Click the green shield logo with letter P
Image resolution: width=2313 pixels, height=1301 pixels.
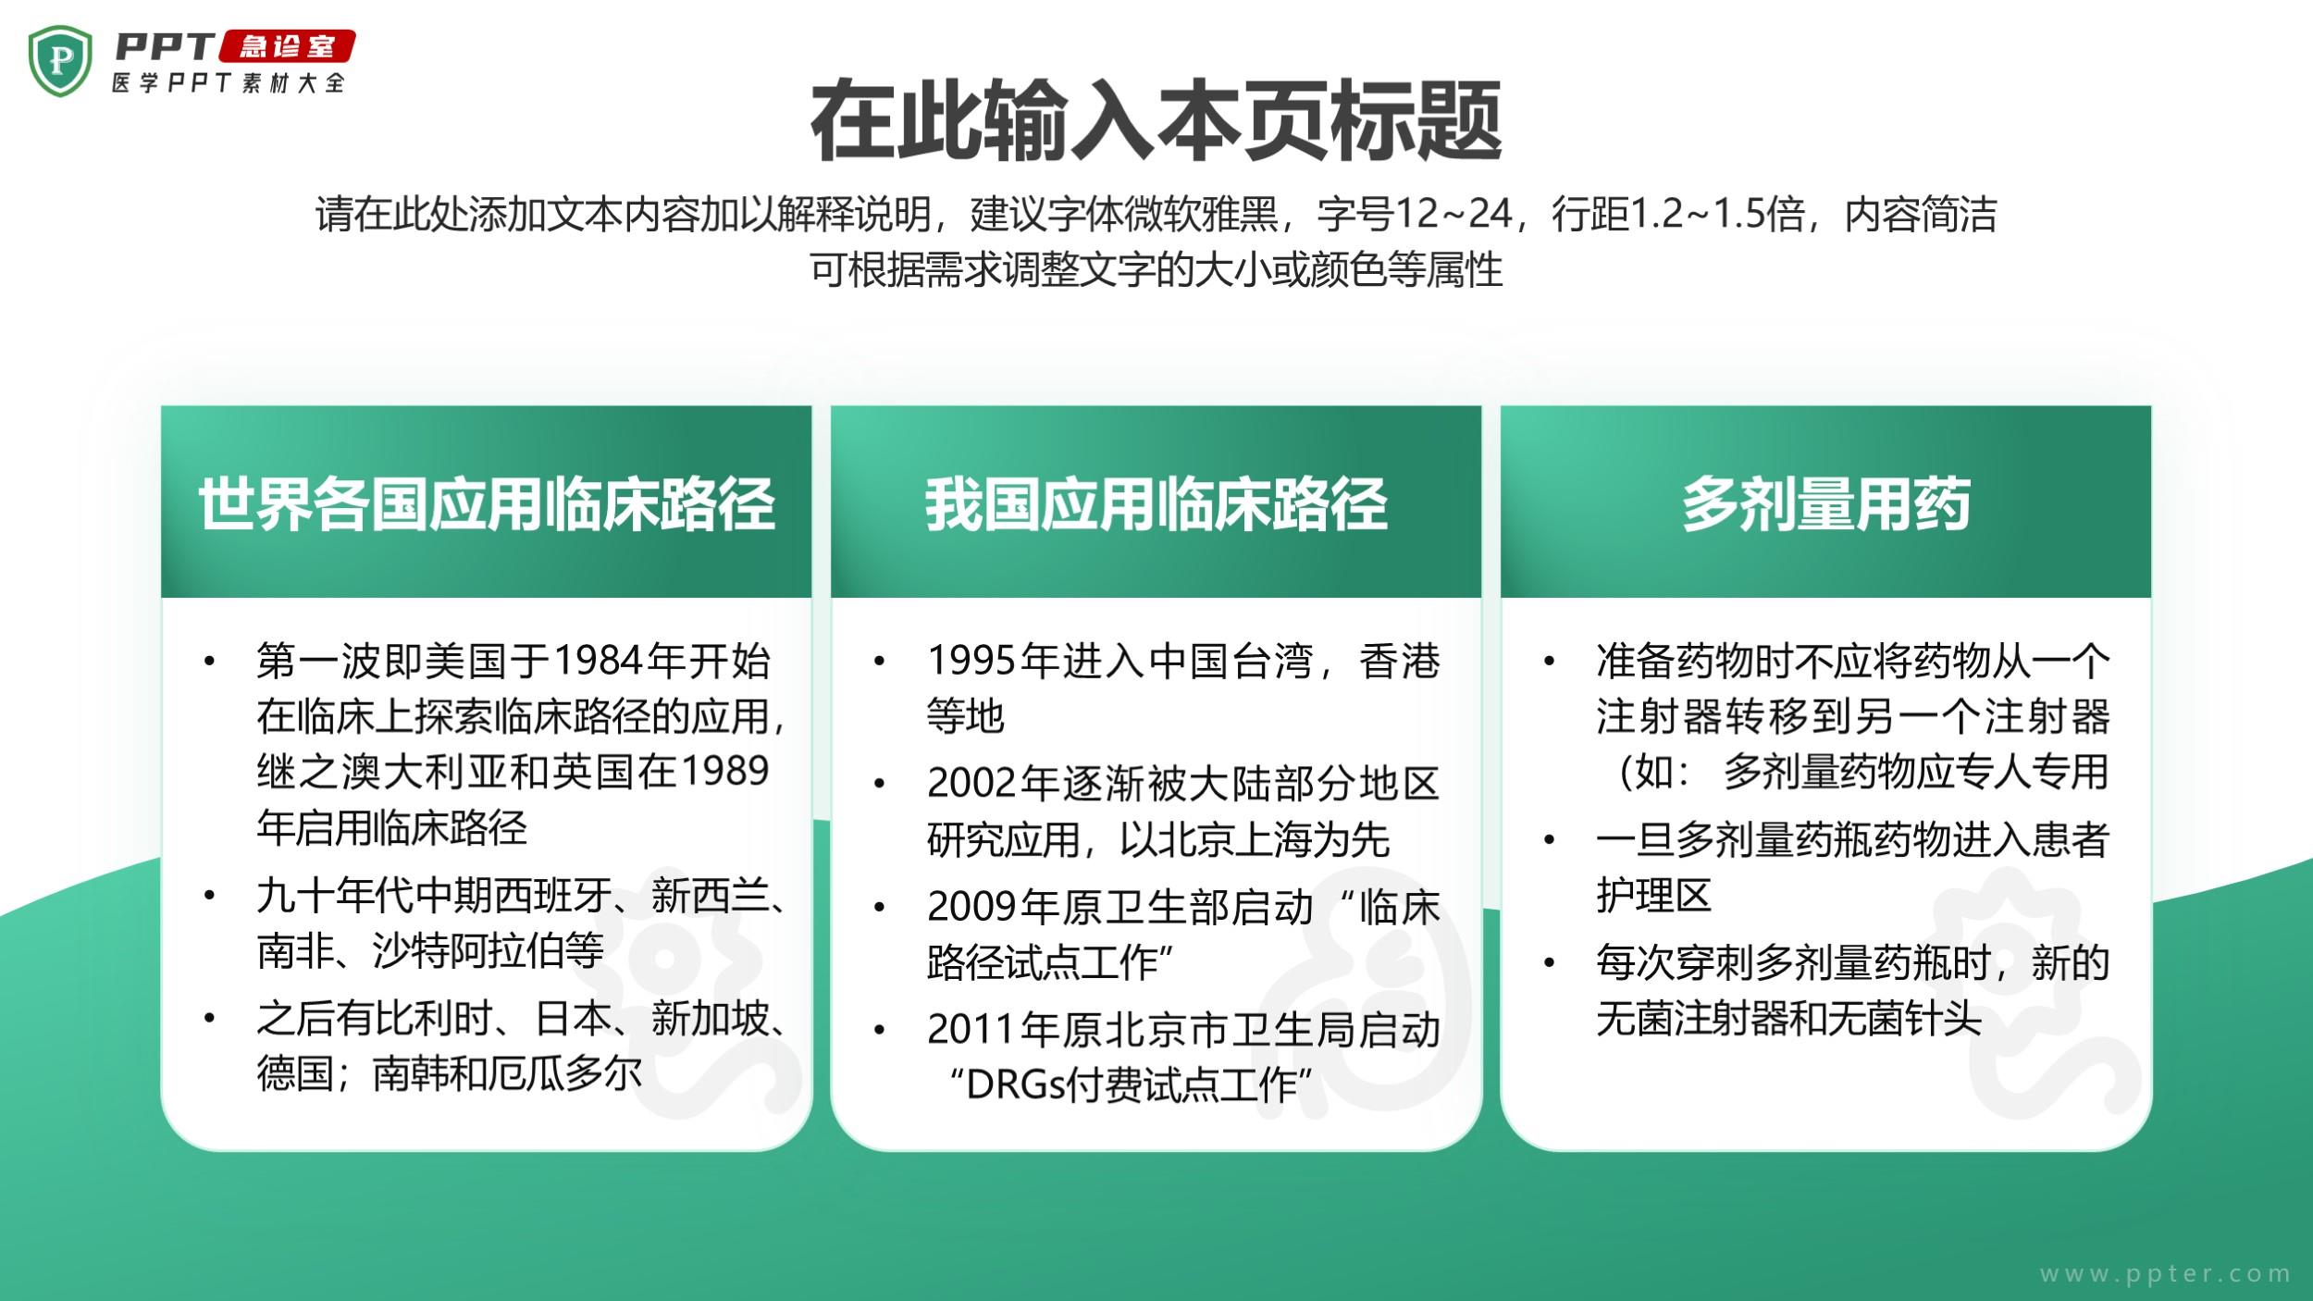[x=61, y=61]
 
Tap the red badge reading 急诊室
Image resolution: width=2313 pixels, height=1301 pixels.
[x=288, y=47]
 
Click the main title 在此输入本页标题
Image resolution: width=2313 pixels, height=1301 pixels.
[x=1156, y=121]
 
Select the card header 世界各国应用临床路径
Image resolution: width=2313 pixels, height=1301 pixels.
[x=486, y=504]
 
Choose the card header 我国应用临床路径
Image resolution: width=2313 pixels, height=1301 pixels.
[x=1156, y=504]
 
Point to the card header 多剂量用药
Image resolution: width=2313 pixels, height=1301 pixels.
[x=1825, y=504]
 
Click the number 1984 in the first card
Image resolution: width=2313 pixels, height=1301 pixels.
[x=599, y=661]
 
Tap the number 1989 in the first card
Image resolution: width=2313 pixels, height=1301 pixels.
[x=724, y=771]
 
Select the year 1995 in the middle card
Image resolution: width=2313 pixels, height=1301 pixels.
[x=972, y=661]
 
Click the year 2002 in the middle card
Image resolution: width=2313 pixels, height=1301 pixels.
[x=972, y=783]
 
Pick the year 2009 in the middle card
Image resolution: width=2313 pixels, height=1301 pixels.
[x=972, y=907]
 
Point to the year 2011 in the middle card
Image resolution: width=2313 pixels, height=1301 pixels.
[x=972, y=1030]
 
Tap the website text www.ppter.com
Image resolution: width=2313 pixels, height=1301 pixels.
[x=2165, y=1273]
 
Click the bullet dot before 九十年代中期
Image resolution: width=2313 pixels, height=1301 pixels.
[x=210, y=896]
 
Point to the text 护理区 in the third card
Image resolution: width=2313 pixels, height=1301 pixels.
[x=1653, y=895]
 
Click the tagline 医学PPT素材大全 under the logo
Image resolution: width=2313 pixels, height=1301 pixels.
[x=229, y=82]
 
